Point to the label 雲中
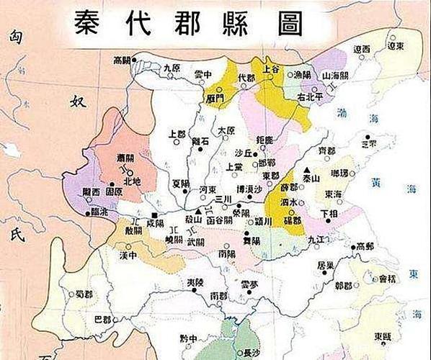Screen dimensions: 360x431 (204, 74)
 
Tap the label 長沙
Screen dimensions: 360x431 (251, 353)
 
